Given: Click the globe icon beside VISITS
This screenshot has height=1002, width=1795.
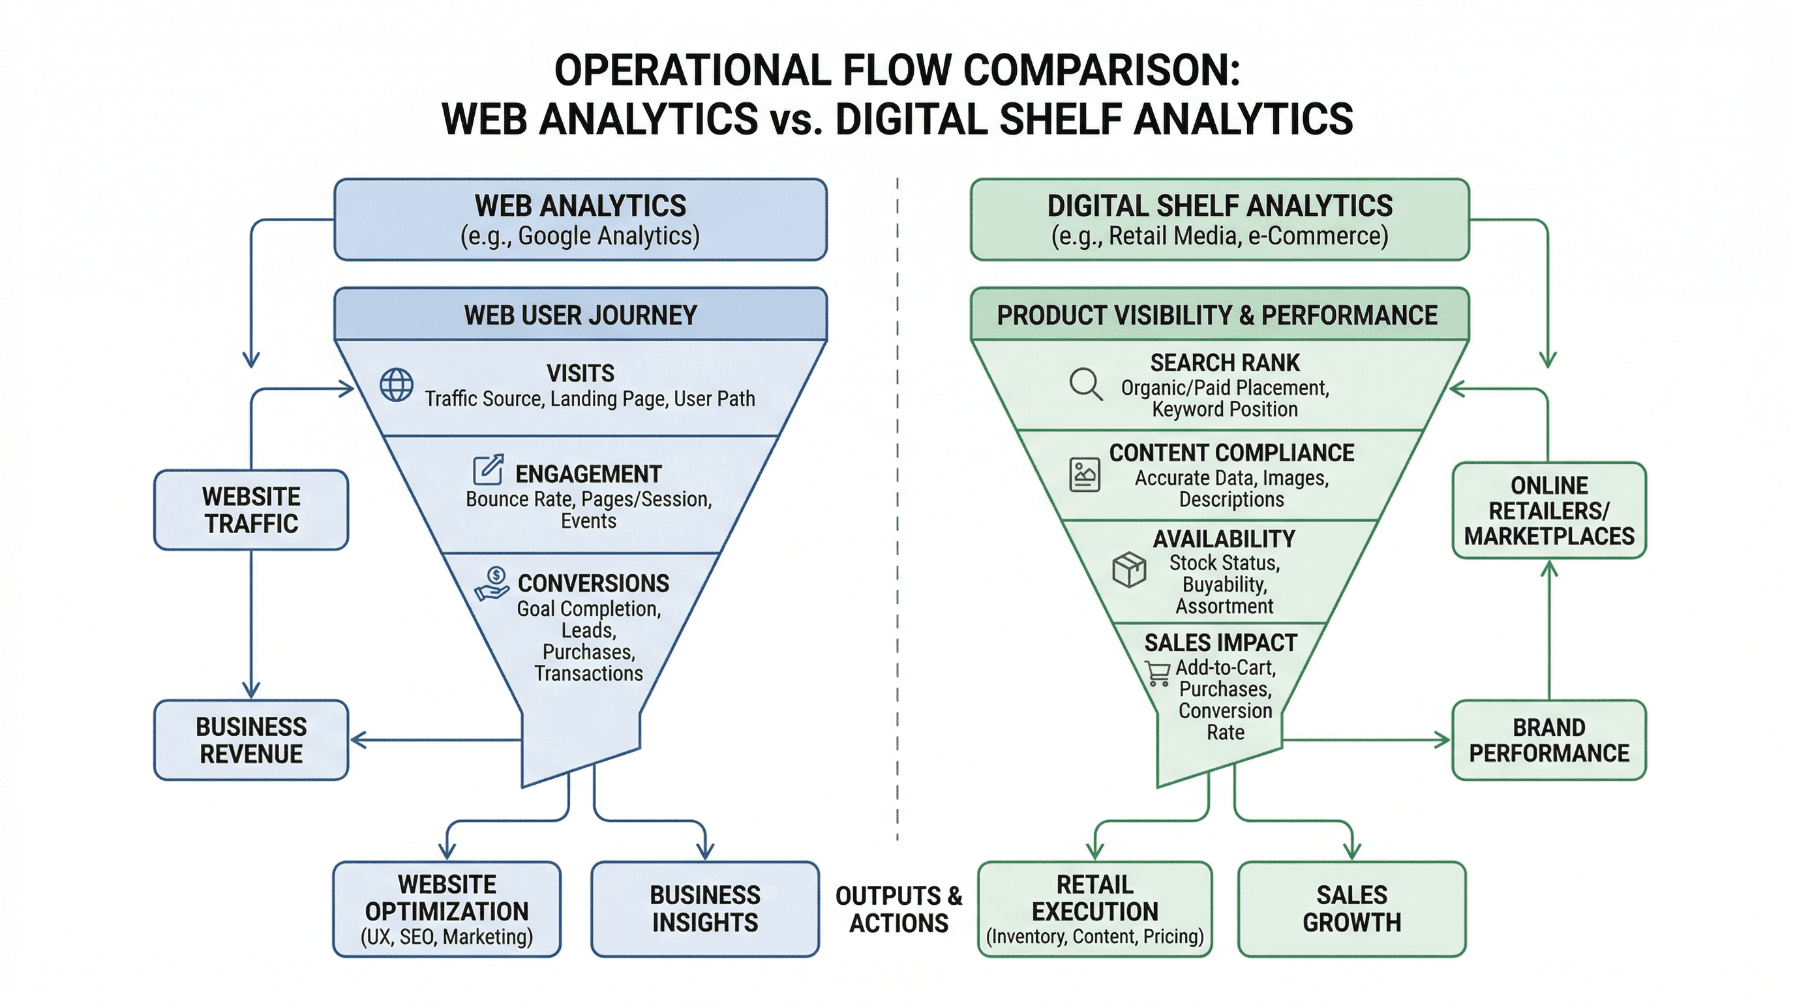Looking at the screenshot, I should click(397, 385).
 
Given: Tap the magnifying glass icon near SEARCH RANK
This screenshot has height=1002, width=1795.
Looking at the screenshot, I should click(1085, 384).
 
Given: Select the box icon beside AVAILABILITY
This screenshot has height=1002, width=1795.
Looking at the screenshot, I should click(1129, 570).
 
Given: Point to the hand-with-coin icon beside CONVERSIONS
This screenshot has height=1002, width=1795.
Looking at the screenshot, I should click(492, 584).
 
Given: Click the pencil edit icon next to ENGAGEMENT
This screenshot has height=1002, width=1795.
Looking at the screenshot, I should click(489, 470).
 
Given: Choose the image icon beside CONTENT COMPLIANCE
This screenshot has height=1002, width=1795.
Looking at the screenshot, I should click(1085, 475).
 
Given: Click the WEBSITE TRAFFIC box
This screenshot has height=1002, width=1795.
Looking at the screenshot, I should click(251, 510).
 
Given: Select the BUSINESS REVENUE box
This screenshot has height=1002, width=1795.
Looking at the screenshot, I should click(251, 740).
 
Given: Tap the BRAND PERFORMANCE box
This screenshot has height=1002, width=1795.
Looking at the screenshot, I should click(1548, 740).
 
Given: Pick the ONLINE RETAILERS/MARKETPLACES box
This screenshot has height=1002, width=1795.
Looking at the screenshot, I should click(1548, 510).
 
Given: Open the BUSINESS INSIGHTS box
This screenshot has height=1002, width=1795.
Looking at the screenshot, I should click(704, 909).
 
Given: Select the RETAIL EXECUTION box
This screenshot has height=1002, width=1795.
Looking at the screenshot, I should click(1094, 909).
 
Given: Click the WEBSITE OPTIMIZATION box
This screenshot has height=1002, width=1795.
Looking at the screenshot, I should click(447, 909).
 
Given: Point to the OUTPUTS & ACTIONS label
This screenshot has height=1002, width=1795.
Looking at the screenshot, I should click(898, 909).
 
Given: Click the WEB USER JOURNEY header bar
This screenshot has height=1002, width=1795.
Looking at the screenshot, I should click(581, 315).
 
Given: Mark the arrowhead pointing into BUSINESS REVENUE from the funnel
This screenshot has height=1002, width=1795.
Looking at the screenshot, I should click(357, 740).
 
